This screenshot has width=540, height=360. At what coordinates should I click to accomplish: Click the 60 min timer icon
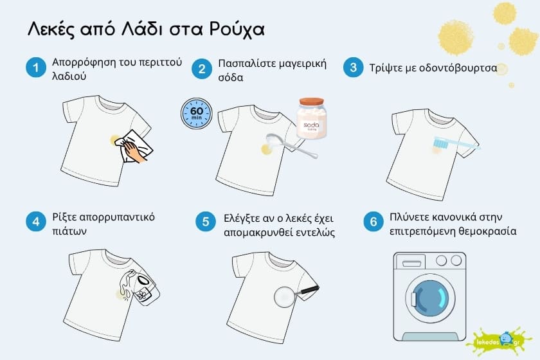pyautogui.click(x=195, y=114)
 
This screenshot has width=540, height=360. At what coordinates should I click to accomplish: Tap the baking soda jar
pyautogui.click(x=312, y=120)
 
